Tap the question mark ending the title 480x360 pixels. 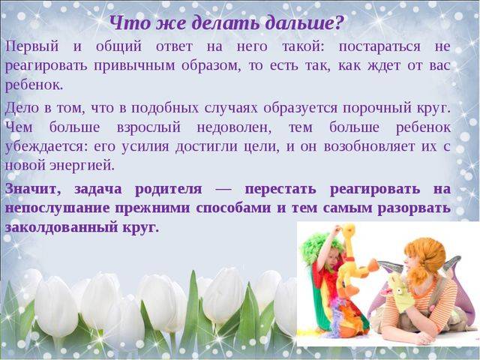pyautogui.click(x=338, y=23)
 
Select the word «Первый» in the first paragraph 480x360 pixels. pyautogui.click(x=31, y=46)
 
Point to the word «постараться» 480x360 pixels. pyautogui.click(x=379, y=47)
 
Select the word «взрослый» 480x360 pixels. pyautogui.click(x=148, y=127)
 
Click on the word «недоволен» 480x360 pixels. pyautogui.click(x=234, y=127)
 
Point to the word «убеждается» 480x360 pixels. pyautogui.click(x=46, y=146)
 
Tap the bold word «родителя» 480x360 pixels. pyautogui.click(x=168, y=190)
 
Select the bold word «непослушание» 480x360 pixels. pyautogui.click(x=57, y=208)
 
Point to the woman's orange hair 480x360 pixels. pyautogui.click(x=425, y=257)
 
